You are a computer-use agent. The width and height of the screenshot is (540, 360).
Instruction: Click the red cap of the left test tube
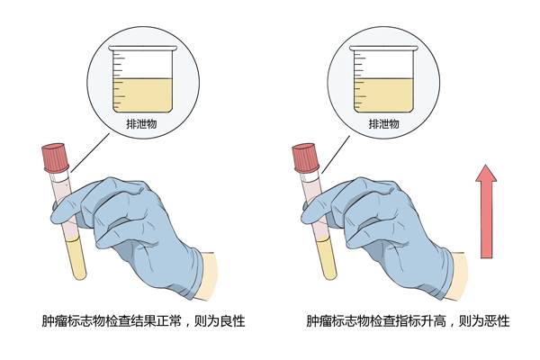click(54, 157)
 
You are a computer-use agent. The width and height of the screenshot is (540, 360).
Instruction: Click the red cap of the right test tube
click(305, 157)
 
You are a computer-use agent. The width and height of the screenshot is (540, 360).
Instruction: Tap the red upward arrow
click(486, 211)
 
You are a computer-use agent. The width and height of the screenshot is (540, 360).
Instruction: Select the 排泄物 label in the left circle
click(141, 123)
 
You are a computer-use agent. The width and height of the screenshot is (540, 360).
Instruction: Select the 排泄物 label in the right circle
click(384, 123)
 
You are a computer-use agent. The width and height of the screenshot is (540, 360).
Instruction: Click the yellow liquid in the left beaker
click(142, 95)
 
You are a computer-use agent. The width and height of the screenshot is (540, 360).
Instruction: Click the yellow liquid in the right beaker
click(383, 95)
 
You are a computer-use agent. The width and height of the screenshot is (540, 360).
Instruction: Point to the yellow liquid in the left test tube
click(76, 258)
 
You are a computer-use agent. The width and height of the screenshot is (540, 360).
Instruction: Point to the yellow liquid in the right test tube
click(327, 258)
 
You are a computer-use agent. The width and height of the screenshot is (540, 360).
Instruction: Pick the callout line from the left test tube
click(90, 153)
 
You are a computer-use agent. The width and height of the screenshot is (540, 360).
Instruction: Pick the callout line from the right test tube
click(336, 154)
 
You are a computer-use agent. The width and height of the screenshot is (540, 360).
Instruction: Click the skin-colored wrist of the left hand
click(208, 275)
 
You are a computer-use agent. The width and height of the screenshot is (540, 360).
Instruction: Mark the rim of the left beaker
click(142, 49)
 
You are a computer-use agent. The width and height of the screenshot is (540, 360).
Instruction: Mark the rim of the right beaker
click(383, 49)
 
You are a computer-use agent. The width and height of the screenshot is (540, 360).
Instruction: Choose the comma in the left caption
click(188, 326)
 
